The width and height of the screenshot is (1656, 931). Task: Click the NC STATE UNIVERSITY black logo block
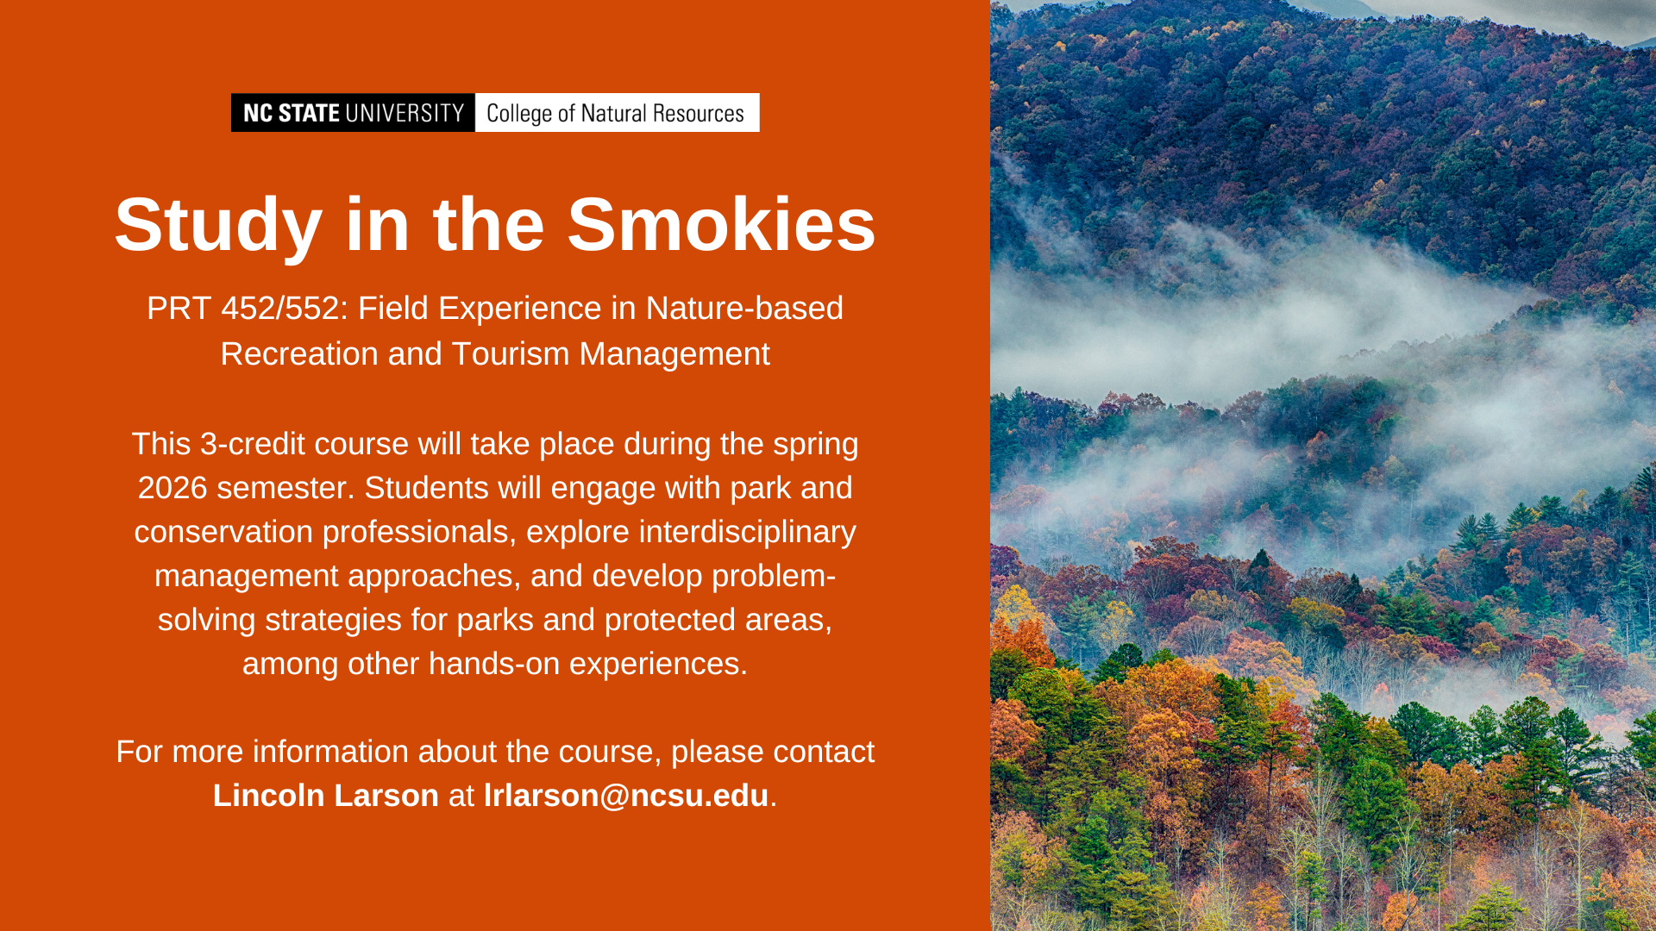[353, 113]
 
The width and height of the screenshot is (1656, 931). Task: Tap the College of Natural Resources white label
[618, 113]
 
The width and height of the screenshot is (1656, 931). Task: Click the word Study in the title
[218, 226]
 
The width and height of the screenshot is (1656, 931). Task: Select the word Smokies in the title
[721, 224]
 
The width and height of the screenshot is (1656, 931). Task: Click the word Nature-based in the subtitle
[744, 309]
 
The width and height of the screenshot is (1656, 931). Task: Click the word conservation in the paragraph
[223, 532]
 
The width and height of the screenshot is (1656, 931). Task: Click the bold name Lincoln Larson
[326, 796]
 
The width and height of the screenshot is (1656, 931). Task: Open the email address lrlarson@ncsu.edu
[626, 796]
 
